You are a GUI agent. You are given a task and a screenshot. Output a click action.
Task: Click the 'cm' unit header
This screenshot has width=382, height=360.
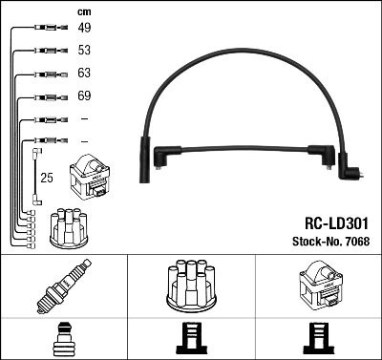82,11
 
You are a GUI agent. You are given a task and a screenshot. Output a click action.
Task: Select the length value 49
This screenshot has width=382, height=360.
83,29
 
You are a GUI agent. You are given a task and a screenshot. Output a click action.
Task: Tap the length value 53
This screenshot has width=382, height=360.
83,51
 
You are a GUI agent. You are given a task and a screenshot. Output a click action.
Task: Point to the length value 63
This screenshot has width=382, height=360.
83,74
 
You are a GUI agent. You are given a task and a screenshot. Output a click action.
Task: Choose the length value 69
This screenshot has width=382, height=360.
83,96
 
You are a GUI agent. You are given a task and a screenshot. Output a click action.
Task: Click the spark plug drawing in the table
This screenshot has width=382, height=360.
63,286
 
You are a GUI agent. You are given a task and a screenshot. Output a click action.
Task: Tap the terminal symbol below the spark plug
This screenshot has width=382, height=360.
63,339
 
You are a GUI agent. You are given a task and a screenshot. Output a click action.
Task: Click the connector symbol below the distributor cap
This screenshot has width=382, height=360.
191,339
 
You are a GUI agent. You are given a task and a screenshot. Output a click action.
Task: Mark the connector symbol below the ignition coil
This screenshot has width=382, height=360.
317,339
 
